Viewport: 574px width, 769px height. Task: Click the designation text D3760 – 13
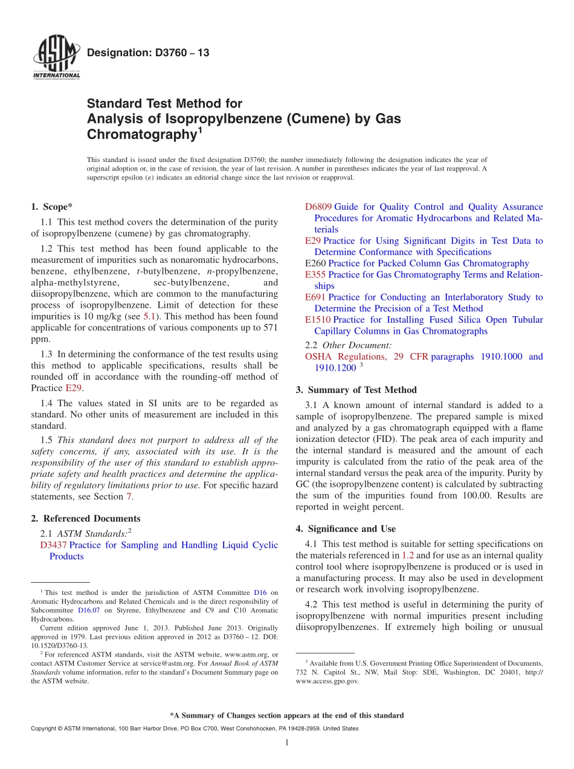pyautogui.click(x=148, y=53)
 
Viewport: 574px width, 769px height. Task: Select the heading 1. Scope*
pyautogui.click(x=52, y=207)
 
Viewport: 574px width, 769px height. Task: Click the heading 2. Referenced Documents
pyautogui.click(x=86, y=518)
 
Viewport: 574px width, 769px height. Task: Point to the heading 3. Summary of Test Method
pyautogui.click(x=356, y=390)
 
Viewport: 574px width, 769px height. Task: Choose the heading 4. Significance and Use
pyautogui.click(x=346, y=528)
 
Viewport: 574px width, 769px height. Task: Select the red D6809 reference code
pyautogui.click(x=318, y=207)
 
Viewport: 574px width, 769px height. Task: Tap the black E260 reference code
pyautogui.click(x=315, y=263)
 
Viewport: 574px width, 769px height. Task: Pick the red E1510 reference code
pyautogui.click(x=318, y=320)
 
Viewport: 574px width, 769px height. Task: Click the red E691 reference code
pyautogui.click(x=315, y=297)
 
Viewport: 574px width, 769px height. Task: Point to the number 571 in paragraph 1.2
pyautogui.click(x=270, y=328)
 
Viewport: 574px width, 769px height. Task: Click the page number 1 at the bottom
pyautogui.click(x=287, y=742)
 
